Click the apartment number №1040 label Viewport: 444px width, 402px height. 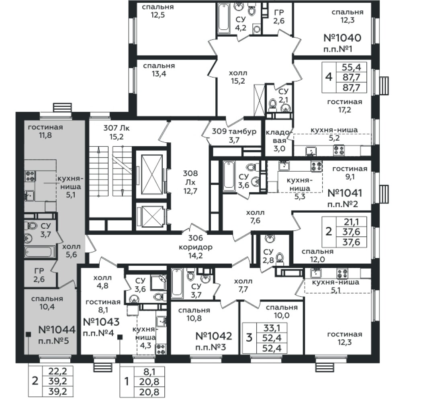click(x=342, y=38)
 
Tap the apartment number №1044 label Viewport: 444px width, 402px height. click(x=57, y=330)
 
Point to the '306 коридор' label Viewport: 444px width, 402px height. click(x=195, y=247)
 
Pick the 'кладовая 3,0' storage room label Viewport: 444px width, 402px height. click(x=279, y=140)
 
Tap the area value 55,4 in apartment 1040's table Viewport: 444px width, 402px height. click(x=352, y=67)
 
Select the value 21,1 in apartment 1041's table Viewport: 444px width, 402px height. click(x=351, y=222)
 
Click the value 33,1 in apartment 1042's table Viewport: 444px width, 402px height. click(x=272, y=328)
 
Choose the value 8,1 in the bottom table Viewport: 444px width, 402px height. click(x=149, y=372)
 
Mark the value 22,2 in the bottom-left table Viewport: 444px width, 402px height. click(x=57, y=371)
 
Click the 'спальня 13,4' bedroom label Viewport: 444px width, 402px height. click(x=159, y=70)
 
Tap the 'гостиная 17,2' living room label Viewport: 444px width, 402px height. click(x=345, y=106)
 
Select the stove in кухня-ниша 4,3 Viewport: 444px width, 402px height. click(x=161, y=349)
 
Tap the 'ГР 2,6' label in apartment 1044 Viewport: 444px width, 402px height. click(x=39, y=275)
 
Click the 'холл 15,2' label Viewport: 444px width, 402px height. click(x=238, y=77)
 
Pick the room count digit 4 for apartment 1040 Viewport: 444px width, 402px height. click(x=329, y=77)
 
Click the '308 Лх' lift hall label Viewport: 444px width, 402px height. click(x=190, y=182)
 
